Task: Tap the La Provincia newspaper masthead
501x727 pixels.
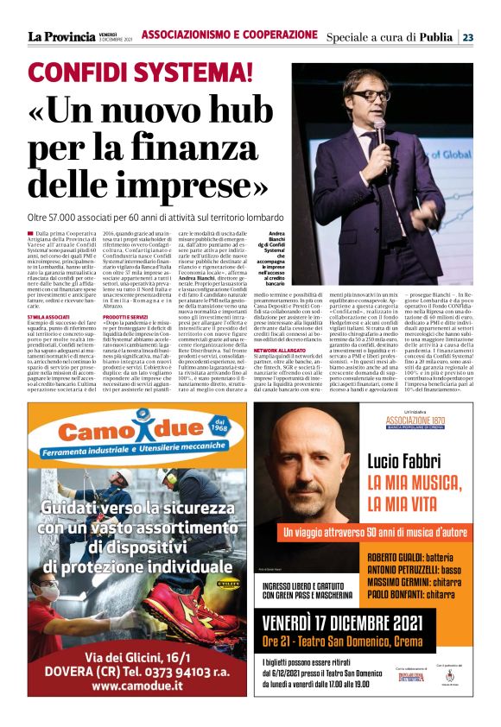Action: coord(60,36)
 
